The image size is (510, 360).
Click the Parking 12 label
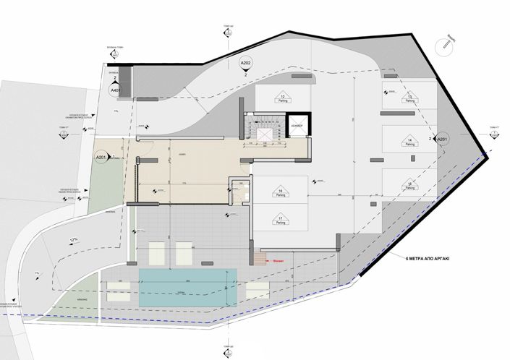click(282, 98)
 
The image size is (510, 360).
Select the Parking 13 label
click(409, 98)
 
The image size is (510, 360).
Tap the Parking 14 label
click(409, 142)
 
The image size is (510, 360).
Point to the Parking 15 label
click(409, 186)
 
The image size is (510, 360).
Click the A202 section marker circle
click(246, 65)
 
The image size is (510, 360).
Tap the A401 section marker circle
click(114, 90)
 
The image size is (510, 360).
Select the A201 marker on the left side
click(101, 157)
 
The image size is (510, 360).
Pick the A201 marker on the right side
click(443, 139)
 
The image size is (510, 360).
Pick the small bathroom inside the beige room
click(239, 189)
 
